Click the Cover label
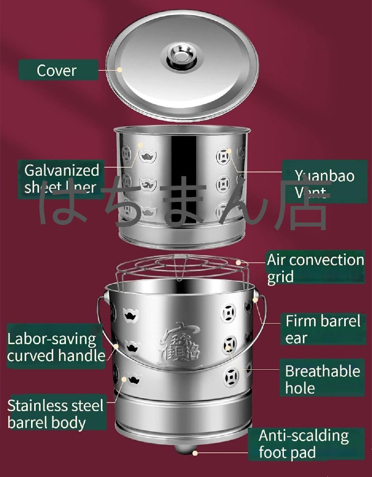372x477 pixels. (56, 70)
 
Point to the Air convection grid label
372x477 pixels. (315, 268)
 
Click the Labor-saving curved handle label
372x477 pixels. (56, 347)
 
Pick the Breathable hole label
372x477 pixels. (322, 379)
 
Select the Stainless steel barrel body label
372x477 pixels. (55, 414)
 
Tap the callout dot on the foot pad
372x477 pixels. (195, 452)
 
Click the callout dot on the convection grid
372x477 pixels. (238, 262)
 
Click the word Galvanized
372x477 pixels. (62, 170)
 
